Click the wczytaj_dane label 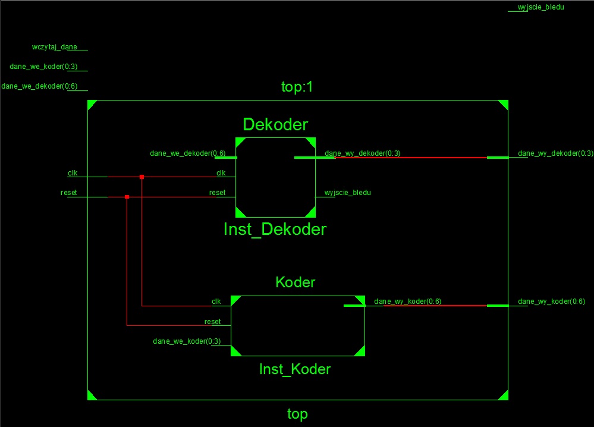pyautogui.click(x=55, y=47)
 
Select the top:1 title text pyautogui.click(x=297, y=87)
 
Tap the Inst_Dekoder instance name pyautogui.click(x=275, y=229)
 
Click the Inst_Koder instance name pyautogui.click(x=295, y=369)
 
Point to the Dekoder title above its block pyautogui.click(x=275, y=125)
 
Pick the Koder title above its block pyautogui.click(x=295, y=282)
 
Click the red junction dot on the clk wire pyautogui.click(x=142, y=177)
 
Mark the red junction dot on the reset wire pyautogui.click(x=127, y=197)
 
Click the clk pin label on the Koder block pyautogui.click(x=216, y=301)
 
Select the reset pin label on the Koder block pyautogui.click(x=212, y=322)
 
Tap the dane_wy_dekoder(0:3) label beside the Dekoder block pyautogui.click(x=362, y=153)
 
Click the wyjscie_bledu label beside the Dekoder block pyautogui.click(x=347, y=193)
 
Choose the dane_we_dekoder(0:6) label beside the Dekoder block pyautogui.click(x=187, y=153)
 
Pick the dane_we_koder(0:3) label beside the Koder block pyautogui.click(x=187, y=341)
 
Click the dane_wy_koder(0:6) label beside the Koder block pyautogui.click(x=408, y=302)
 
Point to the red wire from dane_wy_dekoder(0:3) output pyautogui.click(x=411, y=158)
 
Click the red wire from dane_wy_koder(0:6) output pyautogui.click(x=435, y=305)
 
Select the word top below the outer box pyautogui.click(x=297, y=414)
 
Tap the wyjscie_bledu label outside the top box pyautogui.click(x=540, y=7)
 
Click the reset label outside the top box pyautogui.click(x=68, y=193)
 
